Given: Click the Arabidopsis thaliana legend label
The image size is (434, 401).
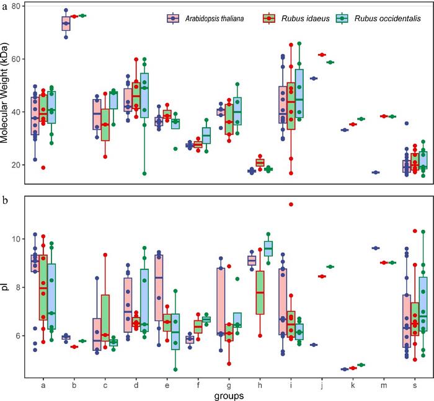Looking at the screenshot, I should point(213,19).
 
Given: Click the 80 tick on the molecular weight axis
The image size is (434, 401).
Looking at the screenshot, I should point(17,6).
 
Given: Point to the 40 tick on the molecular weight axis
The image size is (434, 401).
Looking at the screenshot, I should point(17,112).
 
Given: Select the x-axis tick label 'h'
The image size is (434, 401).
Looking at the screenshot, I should point(260,384).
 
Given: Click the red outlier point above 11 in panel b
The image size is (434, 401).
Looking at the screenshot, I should point(291,205).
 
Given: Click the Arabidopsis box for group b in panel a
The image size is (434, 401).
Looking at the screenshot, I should point(66,24).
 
